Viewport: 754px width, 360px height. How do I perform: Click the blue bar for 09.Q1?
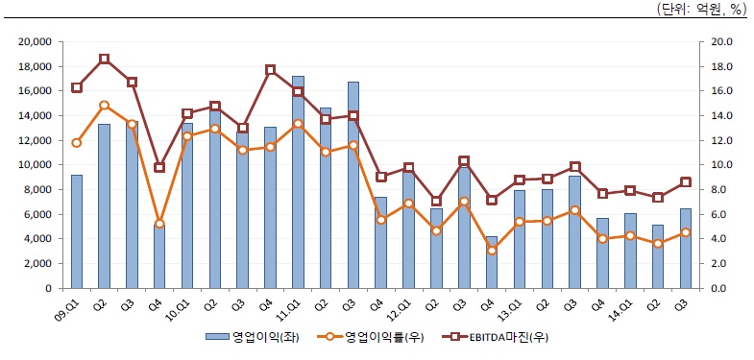coord(77,231)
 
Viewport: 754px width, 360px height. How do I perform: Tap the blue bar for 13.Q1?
coord(519,239)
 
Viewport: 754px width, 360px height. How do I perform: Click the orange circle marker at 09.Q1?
coord(77,142)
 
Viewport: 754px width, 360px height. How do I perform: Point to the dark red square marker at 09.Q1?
coord(77,87)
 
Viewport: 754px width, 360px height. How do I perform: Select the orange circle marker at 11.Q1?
coord(298,124)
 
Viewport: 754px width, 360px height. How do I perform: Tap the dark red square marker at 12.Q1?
coord(408,168)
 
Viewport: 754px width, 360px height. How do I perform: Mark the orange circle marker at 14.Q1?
coord(629,235)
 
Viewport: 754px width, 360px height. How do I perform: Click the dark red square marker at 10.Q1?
coord(187,114)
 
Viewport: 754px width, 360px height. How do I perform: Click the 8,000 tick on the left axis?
coord(39,190)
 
